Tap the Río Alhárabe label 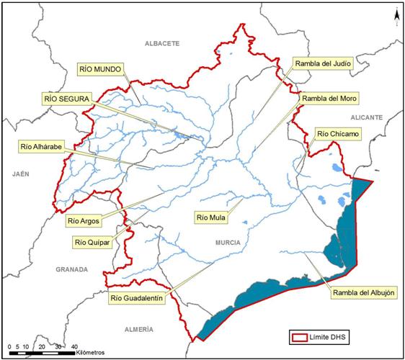(x=43, y=146)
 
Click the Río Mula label (x=213, y=216)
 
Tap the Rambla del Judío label (x=322, y=63)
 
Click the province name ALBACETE (x=161, y=44)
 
